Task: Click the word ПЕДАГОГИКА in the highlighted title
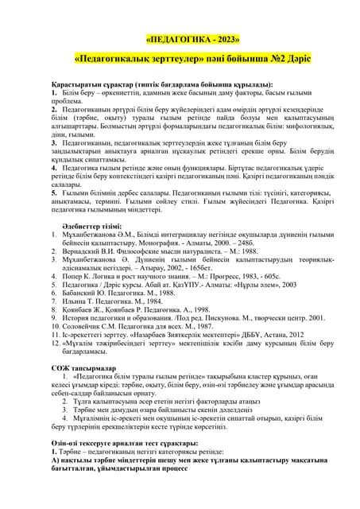180,39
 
